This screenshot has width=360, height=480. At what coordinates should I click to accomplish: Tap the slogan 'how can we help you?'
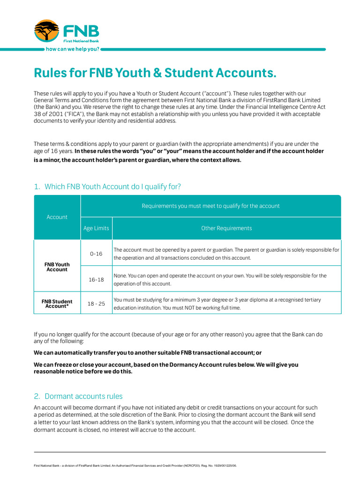72,49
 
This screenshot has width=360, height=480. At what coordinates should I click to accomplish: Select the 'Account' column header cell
57,217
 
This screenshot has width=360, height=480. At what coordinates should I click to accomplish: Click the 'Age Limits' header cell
96,228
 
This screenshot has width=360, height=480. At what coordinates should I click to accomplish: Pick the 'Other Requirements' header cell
226,228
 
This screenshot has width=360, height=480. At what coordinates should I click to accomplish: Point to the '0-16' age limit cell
96,254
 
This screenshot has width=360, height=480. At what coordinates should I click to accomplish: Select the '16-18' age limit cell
96,279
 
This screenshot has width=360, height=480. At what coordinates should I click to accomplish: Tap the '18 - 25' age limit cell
96,304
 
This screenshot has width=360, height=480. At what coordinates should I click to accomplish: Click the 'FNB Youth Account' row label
57,267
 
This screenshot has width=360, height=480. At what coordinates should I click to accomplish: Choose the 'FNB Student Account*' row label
57,304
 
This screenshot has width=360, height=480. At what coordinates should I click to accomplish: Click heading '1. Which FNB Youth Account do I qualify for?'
107,187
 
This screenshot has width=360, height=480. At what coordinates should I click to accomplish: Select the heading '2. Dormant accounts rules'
78,396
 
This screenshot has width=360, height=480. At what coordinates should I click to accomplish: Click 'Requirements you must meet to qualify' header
210,206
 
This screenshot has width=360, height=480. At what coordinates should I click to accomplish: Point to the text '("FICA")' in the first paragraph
59,114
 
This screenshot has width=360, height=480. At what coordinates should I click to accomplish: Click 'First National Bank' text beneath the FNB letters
81,41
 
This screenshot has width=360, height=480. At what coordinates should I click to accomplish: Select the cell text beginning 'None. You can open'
220,279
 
